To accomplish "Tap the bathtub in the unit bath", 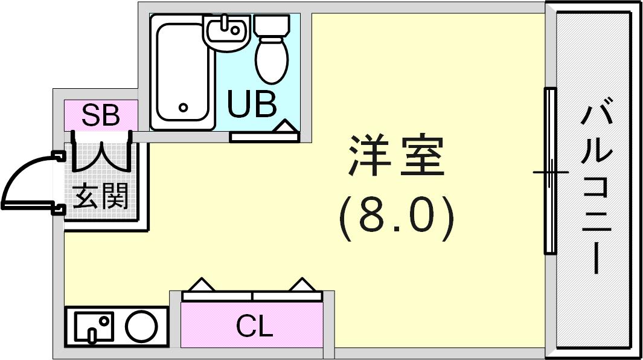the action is click(x=183, y=72).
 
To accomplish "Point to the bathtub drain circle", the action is click(x=184, y=108).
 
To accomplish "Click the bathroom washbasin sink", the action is click(x=227, y=33).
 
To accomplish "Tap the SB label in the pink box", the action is click(x=100, y=115).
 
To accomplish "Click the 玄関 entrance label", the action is click(x=100, y=196).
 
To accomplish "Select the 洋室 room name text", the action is click(x=396, y=156).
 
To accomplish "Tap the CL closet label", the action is click(x=254, y=327).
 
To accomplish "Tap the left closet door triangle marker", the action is click(x=201, y=285).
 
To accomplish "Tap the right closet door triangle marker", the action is click(x=303, y=285).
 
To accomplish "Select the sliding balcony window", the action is click(x=550, y=171).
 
